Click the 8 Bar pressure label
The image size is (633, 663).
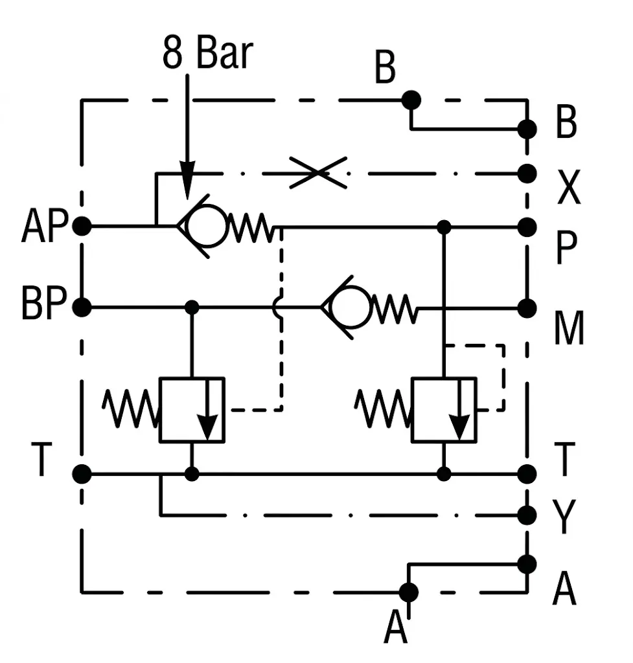[208, 53]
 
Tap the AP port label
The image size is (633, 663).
[45, 226]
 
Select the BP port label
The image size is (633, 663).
[44, 302]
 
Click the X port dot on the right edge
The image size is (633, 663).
[527, 174]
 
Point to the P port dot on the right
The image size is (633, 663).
[527, 227]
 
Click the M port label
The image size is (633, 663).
[569, 328]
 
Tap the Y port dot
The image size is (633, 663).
[527, 515]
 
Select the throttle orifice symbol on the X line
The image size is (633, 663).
[318, 173]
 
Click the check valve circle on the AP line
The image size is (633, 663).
[207, 226]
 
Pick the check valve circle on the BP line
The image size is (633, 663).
[351, 307]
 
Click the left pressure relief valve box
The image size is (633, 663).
[192, 410]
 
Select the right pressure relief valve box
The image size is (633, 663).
[444, 410]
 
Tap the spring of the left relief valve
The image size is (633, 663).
[130, 409]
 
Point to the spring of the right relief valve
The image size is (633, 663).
[382, 409]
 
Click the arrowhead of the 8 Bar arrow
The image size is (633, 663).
[187, 180]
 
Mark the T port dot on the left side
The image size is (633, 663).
[82, 474]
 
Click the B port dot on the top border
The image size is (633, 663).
[411, 100]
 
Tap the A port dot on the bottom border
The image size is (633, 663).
[408, 592]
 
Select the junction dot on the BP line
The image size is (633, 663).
[192, 307]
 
